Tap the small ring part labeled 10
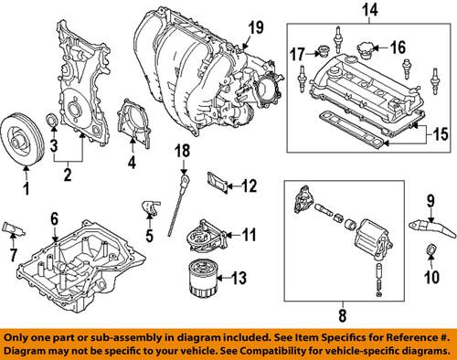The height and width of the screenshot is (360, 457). coord(428,252)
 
